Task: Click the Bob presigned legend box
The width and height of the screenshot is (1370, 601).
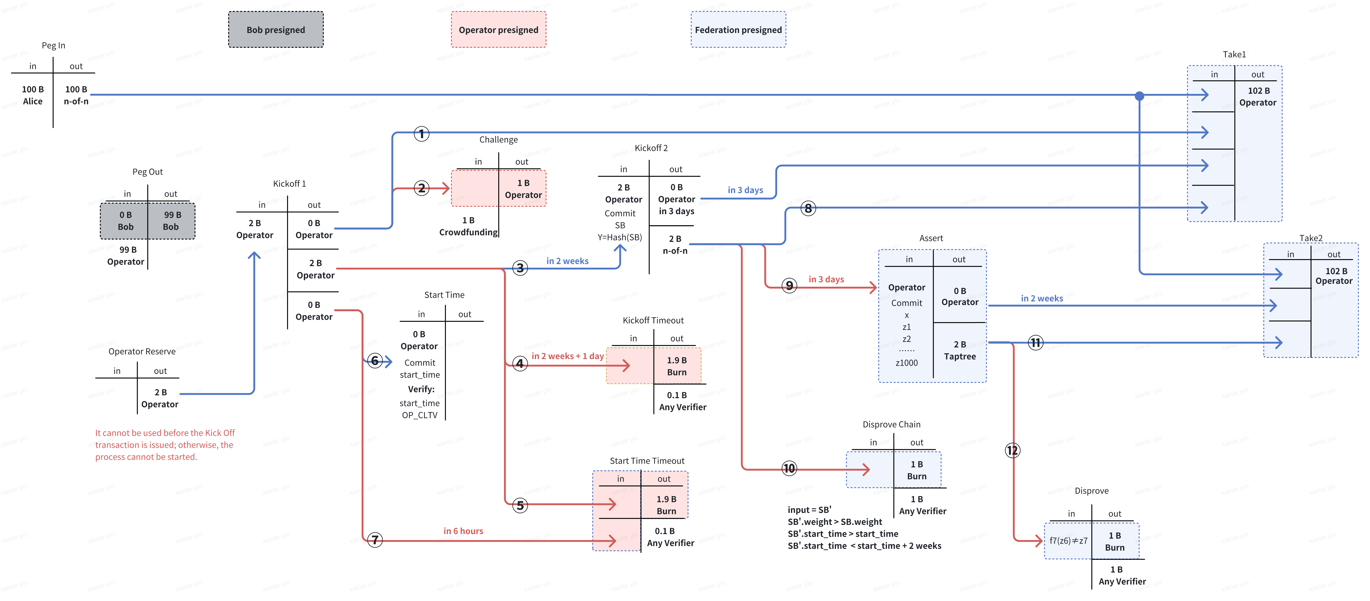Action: (x=275, y=30)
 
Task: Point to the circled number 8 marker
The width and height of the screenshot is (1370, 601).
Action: (x=808, y=208)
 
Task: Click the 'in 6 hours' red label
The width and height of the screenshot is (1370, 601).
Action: (x=463, y=531)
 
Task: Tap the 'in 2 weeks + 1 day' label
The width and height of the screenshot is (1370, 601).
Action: (x=568, y=356)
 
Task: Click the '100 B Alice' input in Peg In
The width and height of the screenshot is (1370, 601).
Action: (x=32, y=95)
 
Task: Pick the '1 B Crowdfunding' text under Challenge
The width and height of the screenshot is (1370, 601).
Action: (x=468, y=226)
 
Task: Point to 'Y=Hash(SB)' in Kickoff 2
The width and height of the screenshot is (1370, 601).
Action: (x=620, y=237)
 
